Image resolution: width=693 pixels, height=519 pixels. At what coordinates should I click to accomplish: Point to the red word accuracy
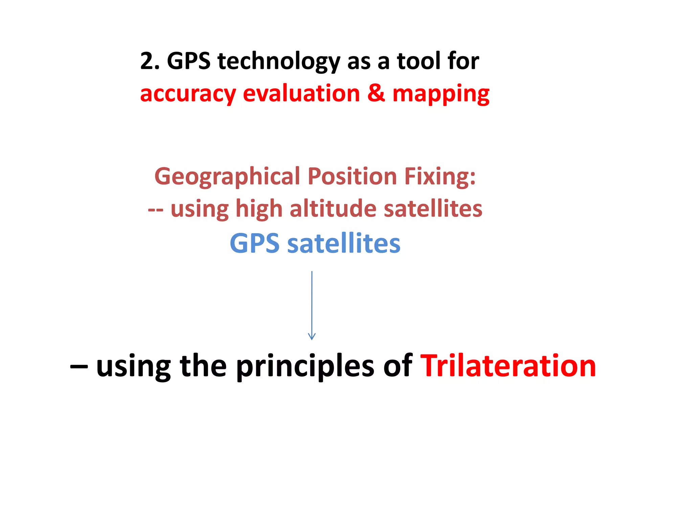pyautogui.click(x=188, y=94)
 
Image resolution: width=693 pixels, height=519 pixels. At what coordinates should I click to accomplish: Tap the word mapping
pyautogui.click(x=441, y=94)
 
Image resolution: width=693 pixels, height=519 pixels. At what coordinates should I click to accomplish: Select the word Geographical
pyautogui.click(x=227, y=177)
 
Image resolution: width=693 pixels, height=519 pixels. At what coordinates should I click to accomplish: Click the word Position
pyautogui.click(x=352, y=176)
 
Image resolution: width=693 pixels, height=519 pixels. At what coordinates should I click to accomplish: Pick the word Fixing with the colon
pyautogui.click(x=440, y=176)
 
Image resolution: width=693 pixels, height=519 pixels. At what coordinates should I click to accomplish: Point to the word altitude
pyautogui.click(x=333, y=208)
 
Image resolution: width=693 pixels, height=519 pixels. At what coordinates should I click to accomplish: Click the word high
pyautogui.click(x=259, y=209)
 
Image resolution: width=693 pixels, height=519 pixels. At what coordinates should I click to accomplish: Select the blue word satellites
pyautogui.click(x=344, y=243)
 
